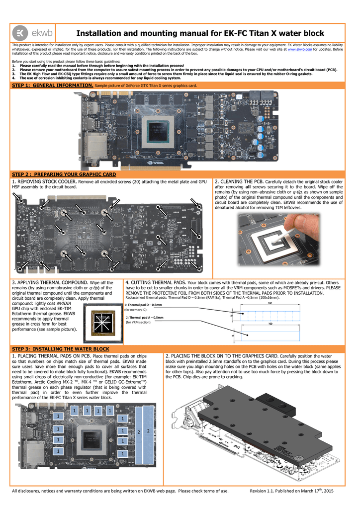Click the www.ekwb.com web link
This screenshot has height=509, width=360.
click(299, 49)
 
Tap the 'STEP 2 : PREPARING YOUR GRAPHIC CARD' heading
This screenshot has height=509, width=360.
click(64, 174)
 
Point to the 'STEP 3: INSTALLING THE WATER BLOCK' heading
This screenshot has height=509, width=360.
click(60, 349)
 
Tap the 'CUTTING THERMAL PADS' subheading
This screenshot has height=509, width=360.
click(159, 282)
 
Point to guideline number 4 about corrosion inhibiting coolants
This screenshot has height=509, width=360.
click(100, 78)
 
